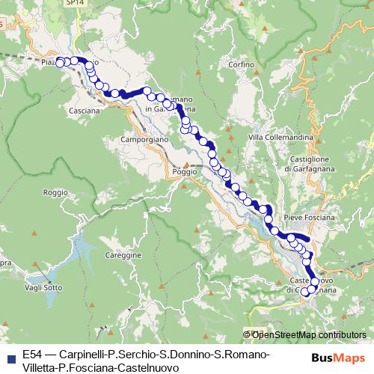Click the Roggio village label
pyautogui.click(x=55, y=192)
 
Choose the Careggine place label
pyautogui.click(x=124, y=255)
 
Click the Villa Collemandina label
pyautogui.click(x=276, y=137)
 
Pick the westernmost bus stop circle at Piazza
pyautogui.click(x=61, y=64)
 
